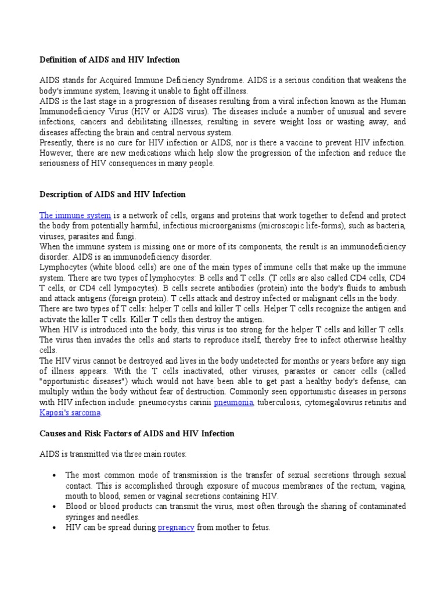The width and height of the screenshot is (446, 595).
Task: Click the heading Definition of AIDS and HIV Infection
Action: point(109,60)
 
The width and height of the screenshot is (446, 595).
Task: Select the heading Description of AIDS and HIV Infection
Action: point(112,194)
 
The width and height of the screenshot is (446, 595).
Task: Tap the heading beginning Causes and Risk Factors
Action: point(137,433)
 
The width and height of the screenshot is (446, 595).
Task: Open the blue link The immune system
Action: point(75,216)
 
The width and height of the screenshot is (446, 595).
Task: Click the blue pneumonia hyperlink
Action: point(233,403)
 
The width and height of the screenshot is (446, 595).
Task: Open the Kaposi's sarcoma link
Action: point(70,413)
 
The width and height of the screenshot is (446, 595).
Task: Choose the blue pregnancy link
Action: point(176,528)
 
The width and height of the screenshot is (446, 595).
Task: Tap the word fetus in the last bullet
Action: point(259,528)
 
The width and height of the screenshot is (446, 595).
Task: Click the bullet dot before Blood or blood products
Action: point(53,507)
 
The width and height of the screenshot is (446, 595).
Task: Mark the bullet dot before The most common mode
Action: point(53,475)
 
